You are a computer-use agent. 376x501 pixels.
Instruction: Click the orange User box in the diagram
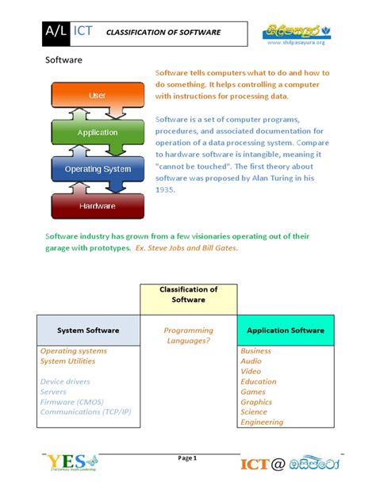coord(97,95)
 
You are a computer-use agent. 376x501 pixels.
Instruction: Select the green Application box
coord(97,132)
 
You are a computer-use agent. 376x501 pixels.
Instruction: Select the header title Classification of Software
coord(163,33)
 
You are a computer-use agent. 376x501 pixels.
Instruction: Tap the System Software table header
coord(88,330)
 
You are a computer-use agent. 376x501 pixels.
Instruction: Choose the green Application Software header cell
coord(286,330)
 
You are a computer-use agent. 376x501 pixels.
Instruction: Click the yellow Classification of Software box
coord(188,299)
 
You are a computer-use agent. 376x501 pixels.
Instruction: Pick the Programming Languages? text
coord(188,335)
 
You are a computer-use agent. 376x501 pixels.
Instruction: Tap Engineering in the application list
coord(261,423)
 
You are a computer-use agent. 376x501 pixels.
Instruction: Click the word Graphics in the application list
coord(257,402)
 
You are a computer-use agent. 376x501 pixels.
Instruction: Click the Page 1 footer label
coord(188,458)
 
